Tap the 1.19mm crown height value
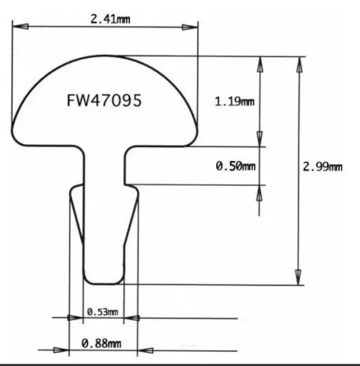click(x=233, y=101)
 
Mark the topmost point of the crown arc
click(x=105, y=56)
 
